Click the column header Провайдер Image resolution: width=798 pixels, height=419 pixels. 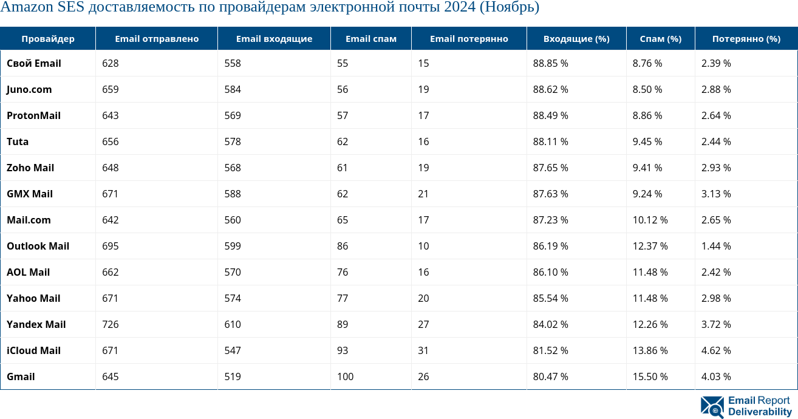tap(48, 39)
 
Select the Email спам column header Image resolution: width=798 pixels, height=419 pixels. tap(370, 39)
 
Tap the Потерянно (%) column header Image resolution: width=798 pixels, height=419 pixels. tap(746, 39)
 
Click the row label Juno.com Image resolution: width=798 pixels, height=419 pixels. tap(29, 89)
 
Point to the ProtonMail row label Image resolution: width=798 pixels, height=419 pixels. tap(33, 115)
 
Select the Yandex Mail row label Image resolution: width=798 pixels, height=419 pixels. tap(36, 324)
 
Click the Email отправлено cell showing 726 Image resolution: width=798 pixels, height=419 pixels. tap(111, 324)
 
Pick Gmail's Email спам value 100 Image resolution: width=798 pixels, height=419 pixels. tap(345, 376)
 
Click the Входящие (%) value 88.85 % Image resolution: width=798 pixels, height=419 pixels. tap(550, 63)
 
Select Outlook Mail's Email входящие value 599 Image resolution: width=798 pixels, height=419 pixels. tap(233, 246)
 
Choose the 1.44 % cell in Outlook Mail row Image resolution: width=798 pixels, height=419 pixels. tap(715, 246)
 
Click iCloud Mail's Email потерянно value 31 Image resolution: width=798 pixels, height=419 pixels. tap(423, 350)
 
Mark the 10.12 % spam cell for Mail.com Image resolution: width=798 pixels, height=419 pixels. tap(650, 220)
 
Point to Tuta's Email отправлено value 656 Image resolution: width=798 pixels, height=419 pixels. tap(111, 141)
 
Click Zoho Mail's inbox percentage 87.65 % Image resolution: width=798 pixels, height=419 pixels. tap(550, 168)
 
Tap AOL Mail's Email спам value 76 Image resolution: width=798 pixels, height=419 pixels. tap(343, 272)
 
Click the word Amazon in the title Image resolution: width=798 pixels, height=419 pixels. tap(27, 8)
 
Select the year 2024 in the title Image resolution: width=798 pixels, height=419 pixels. tap(461, 8)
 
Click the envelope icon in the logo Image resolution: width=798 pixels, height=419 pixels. tap(712, 406)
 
